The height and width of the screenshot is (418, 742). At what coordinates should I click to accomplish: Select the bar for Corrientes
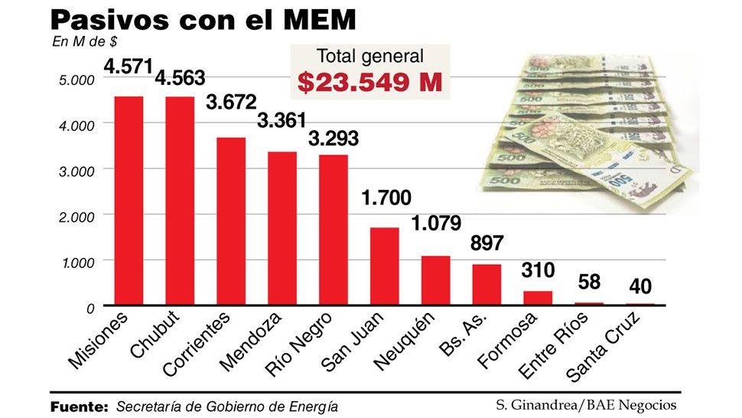[231, 221]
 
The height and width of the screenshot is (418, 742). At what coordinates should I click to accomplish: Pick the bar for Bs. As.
[487, 284]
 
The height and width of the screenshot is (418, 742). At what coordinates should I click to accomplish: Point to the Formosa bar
[538, 297]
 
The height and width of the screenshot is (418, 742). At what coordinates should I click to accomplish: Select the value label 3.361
[282, 121]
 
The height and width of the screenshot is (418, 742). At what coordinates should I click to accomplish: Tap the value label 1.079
[436, 224]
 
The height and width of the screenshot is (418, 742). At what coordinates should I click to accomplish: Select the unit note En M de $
[80, 41]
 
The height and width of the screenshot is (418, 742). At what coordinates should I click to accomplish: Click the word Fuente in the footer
[79, 406]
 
